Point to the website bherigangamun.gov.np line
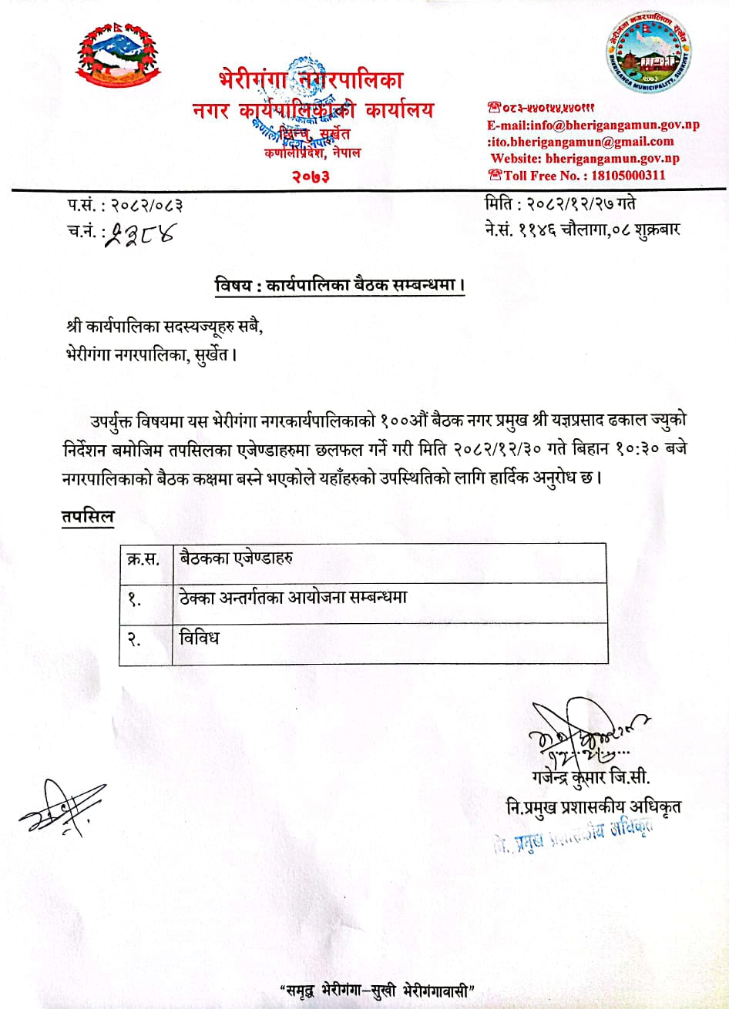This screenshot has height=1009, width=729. tap(585, 159)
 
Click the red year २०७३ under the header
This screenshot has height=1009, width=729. tap(311, 177)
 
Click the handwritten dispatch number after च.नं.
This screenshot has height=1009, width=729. tap(139, 232)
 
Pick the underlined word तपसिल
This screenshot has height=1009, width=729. tap(88, 517)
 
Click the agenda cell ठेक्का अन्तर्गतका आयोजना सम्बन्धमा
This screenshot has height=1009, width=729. tap(292, 598)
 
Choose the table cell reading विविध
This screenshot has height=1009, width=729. tap(199, 637)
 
